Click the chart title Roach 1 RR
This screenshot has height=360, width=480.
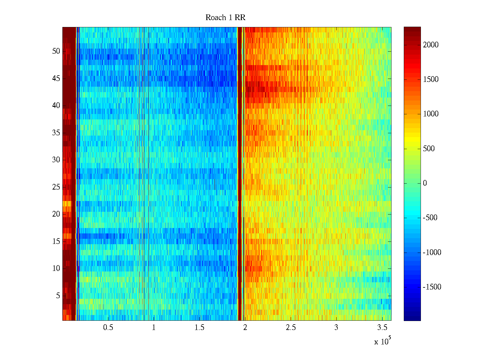pyautogui.click(x=225, y=18)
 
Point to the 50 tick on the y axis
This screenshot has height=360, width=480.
pyautogui.click(x=56, y=51)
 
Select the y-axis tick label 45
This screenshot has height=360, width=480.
pyautogui.click(x=56, y=79)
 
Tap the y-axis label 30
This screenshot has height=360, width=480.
pyautogui.click(x=56, y=160)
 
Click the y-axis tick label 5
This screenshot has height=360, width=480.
pyautogui.click(x=58, y=296)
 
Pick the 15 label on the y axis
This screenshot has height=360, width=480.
pyautogui.click(x=56, y=241)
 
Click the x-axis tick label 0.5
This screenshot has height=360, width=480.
pyautogui.click(x=108, y=328)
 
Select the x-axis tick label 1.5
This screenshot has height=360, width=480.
pyautogui.click(x=199, y=328)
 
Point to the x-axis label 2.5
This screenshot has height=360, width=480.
pyautogui.click(x=291, y=328)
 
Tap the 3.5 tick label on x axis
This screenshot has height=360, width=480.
pyautogui.click(x=382, y=328)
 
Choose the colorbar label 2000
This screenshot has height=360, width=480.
pyautogui.click(x=431, y=45)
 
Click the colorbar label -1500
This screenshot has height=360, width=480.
pyautogui.click(x=432, y=287)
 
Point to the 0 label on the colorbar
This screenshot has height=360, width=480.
pyautogui.click(x=425, y=183)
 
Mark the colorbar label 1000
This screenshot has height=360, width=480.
pyautogui.click(x=431, y=114)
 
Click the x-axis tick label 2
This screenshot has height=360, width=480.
pyautogui.click(x=245, y=328)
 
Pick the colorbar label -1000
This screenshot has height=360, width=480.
pyautogui.click(x=432, y=253)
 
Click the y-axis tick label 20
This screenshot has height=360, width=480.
pyautogui.click(x=56, y=214)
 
